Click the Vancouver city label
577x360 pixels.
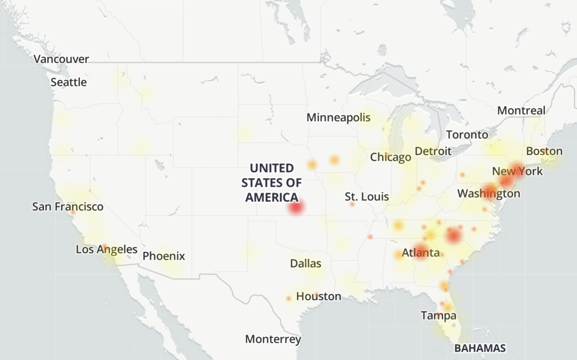[x=61, y=59]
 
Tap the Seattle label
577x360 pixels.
[x=69, y=82]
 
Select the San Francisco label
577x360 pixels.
[x=68, y=207]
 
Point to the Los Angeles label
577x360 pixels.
[x=107, y=249]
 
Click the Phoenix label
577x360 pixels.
[x=163, y=256]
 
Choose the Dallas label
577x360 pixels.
[x=306, y=263]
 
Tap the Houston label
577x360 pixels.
[x=319, y=296]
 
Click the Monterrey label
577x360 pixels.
[x=273, y=339]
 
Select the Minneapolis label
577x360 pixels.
[x=338, y=118]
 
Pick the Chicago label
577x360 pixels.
[x=390, y=157]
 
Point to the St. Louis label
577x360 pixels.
[x=367, y=197]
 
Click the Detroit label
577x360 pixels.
[x=433, y=151]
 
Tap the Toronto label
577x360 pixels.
[x=467, y=135]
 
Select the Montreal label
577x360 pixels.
[x=521, y=111]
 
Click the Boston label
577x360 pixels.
[x=544, y=151]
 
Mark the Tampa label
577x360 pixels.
[x=438, y=316]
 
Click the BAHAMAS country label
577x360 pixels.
[x=480, y=348]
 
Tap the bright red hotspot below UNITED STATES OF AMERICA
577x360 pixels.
[x=296, y=208]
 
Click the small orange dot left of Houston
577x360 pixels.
[x=288, y=298]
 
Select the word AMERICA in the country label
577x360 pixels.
[x=272, y=197]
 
